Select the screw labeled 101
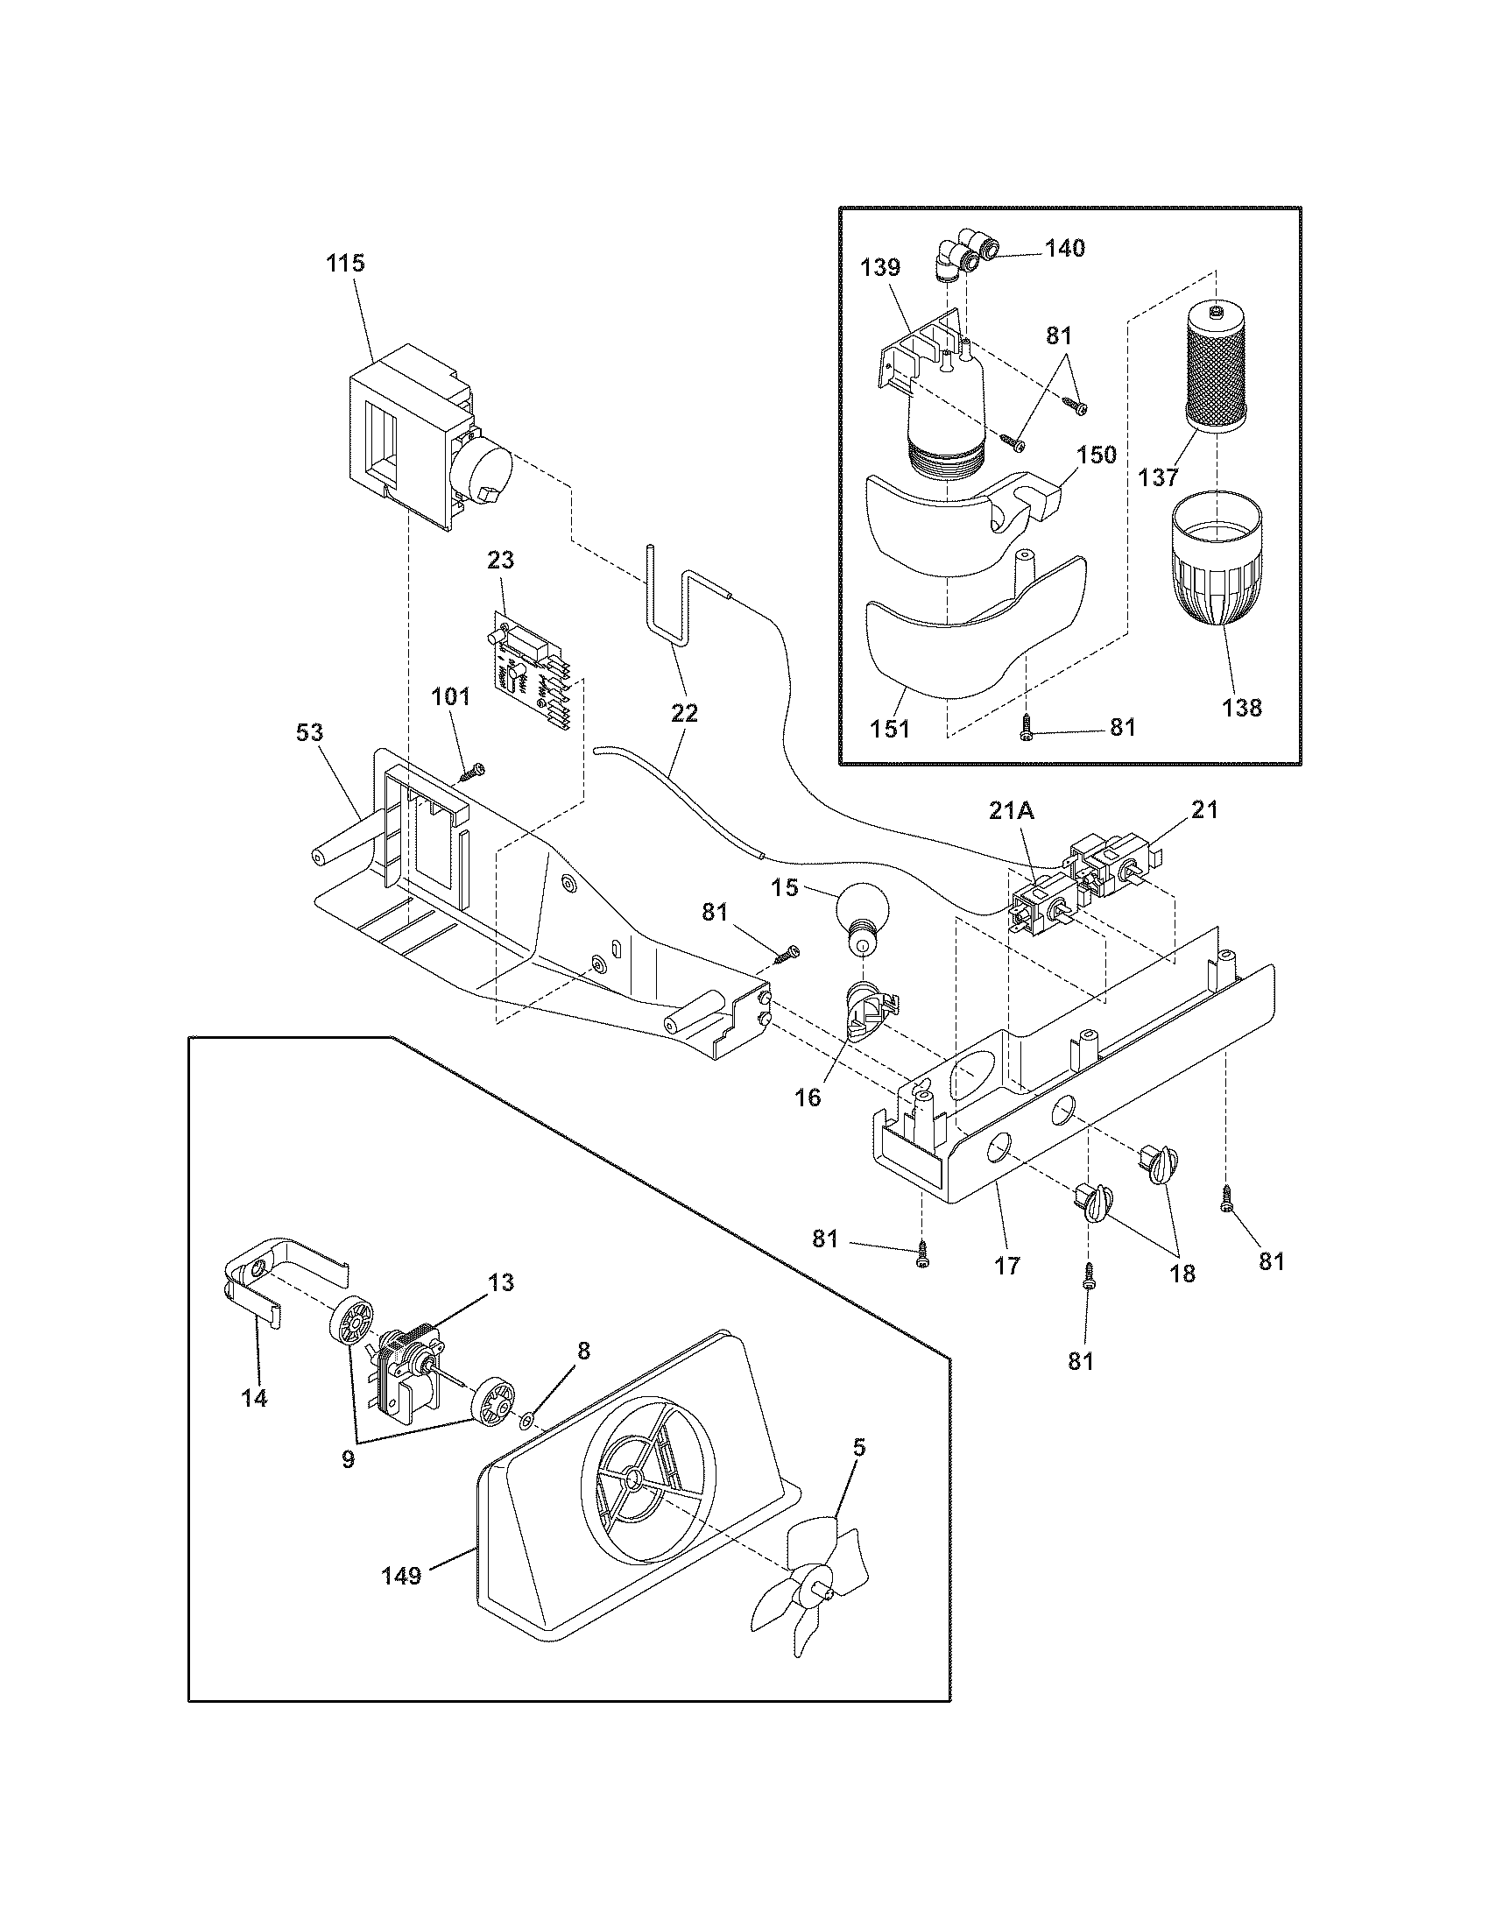(471, 773)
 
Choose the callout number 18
(1183, 1274)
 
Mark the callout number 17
(1006, 1267)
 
